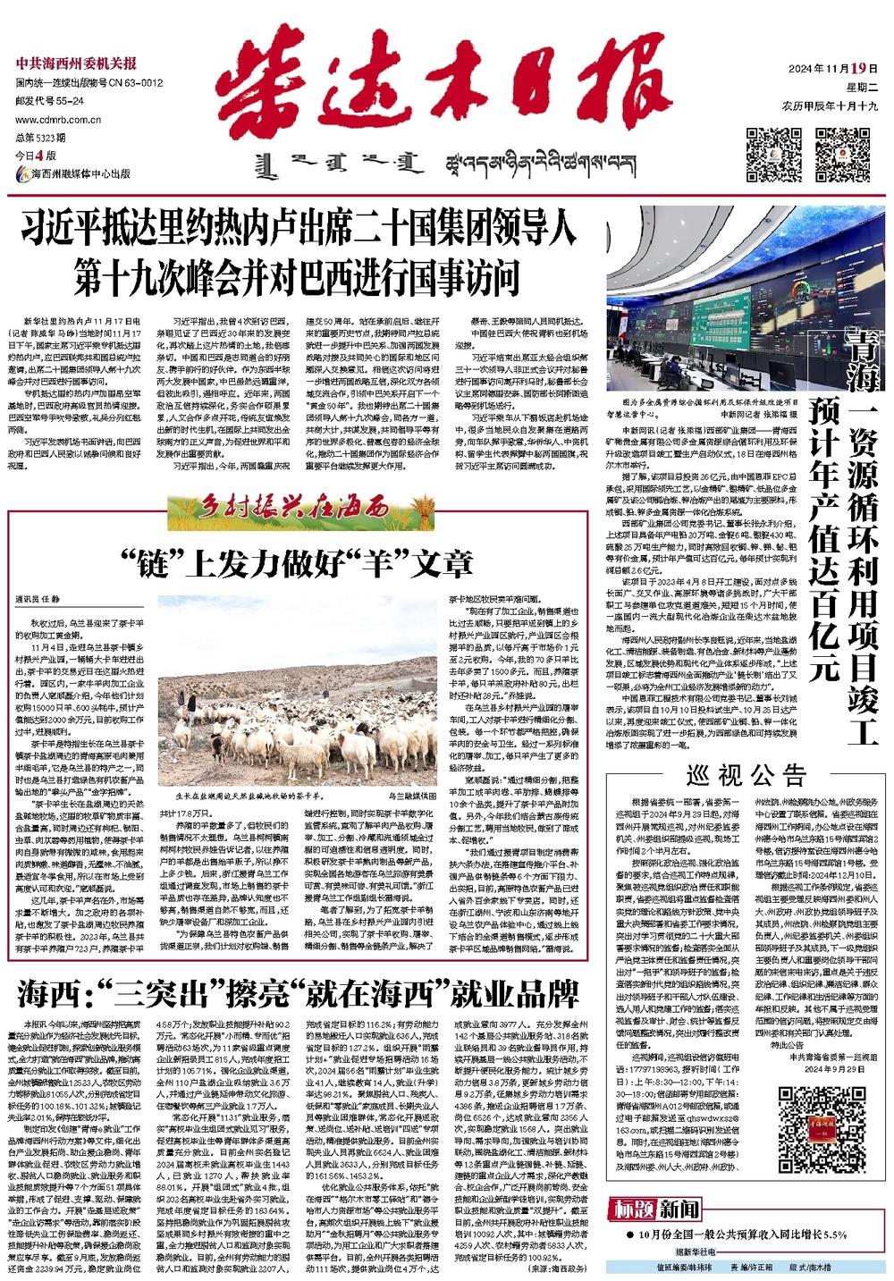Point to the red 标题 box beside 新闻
pos(632,1210)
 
